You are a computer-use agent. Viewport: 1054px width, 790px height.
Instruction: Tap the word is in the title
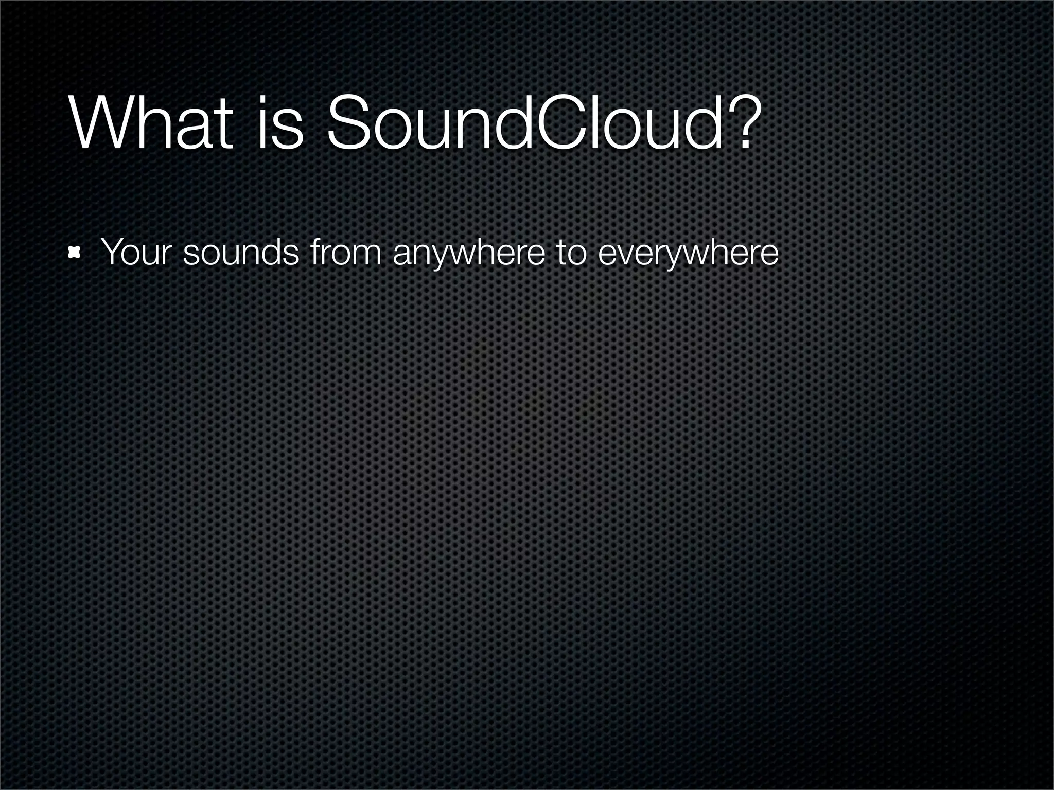pyautogui.click(x=280, y=123)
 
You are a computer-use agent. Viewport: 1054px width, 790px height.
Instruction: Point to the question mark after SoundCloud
pyautogui.click(x=742, y=123)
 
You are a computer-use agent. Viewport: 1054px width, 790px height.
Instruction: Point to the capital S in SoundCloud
pyautogui.click(x=349, y=123)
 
